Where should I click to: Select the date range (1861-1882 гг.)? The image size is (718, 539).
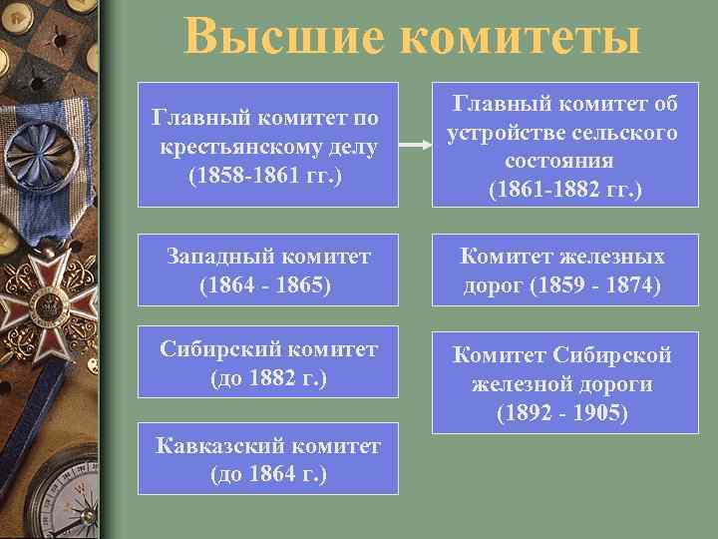564,189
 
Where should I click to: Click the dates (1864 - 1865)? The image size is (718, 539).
267,284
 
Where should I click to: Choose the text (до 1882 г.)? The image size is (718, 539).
267,378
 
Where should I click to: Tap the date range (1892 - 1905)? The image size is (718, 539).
564,412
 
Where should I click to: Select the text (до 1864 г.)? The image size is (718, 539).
267,473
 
